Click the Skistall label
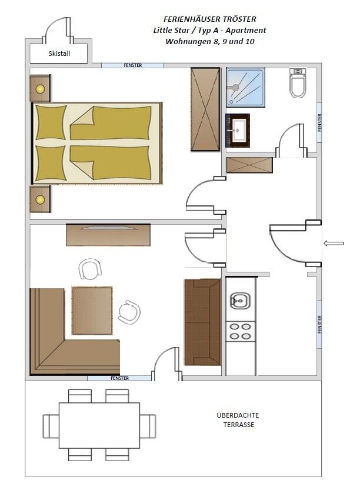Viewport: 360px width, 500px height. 59,54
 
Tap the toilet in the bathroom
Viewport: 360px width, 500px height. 298,83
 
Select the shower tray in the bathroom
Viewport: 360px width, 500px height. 245,87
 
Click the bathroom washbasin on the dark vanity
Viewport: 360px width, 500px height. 239,130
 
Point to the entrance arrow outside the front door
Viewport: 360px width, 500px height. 334,244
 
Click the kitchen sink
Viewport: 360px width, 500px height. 240,301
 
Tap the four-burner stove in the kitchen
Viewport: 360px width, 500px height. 241,331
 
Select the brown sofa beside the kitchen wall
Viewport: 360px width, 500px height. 202,322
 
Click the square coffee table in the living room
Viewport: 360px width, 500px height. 92,311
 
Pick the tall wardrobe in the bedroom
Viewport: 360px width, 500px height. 205,109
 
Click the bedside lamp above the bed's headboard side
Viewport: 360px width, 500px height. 40,89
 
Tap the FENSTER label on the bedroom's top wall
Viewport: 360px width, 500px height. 133,65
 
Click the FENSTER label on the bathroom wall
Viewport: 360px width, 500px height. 319,122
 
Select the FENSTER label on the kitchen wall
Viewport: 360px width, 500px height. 319,325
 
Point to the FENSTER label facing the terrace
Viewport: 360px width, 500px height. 119,378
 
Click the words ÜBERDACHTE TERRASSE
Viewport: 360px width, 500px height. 238,420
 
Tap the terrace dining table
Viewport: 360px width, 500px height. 99,425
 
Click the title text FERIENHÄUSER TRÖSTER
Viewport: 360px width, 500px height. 210,19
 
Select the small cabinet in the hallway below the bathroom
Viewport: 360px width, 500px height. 249,165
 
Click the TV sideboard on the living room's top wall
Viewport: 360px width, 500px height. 108,235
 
